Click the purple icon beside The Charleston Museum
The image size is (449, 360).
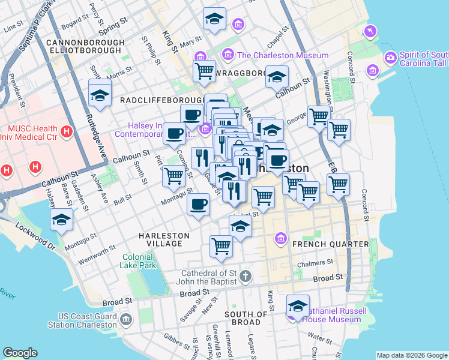228,55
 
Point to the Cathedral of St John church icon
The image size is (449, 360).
245,277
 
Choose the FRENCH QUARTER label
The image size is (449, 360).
330,244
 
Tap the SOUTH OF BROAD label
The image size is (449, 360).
246,318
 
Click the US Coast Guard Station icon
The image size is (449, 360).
125,318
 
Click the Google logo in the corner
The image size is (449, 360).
20,353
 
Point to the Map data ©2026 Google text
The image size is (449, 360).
411,355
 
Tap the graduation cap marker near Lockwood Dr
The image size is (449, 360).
61,220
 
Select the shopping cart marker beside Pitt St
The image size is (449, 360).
173,176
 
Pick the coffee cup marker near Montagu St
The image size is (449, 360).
198,205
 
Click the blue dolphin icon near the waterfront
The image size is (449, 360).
371,30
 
